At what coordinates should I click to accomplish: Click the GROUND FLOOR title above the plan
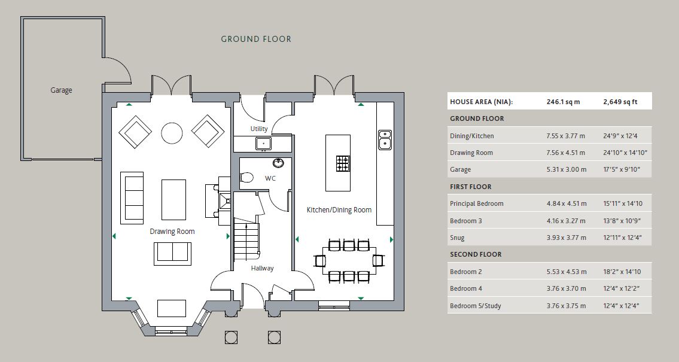pyautogui.click(x=256, y=39)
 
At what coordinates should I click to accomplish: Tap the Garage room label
pyautogui.click(x=61, y=90)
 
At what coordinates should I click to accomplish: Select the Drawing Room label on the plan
pyautogui.click(x=172, y=232)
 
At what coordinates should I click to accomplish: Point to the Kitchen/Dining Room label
pyautogui.click(x=339, y=210)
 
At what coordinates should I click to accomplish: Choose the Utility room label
pyautogui.click(x=259, y=129)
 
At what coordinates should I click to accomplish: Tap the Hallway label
pyautogui.click(x=262, y=268)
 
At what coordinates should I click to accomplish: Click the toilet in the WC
pyautogui.click(x=247, y=177)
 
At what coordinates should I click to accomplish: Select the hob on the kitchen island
pyautogui.click(x=342, y=163)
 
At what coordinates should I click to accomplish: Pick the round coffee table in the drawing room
pyautogui.click(x=172, y=133)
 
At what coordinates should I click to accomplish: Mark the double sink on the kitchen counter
pyautogui.click(x=385, y=139)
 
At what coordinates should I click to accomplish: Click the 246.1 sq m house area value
pyautogui.click(x=563, y=102)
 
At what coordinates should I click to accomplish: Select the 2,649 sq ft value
pyautogui.click(x=620, y=102)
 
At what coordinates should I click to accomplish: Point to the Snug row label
pyautogui.click(x=457, y=238)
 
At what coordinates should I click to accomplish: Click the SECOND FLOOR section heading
pyautogui.click(x=476, y=255)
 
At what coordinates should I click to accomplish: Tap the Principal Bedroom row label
pyautogui.click(x=476, y=204)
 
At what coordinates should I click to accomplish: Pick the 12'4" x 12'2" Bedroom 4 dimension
pyautogui.click(x=622, y=289)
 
